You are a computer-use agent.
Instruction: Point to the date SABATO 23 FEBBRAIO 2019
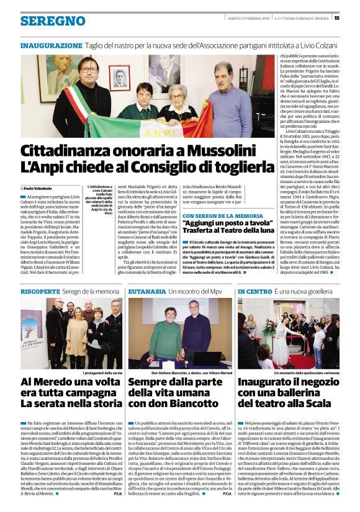click(246, 18)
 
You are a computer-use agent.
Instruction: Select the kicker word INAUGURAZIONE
click(51, 46)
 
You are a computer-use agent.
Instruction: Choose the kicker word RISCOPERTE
click(40, 291)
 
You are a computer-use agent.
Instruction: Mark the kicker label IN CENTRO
click(254, 291)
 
